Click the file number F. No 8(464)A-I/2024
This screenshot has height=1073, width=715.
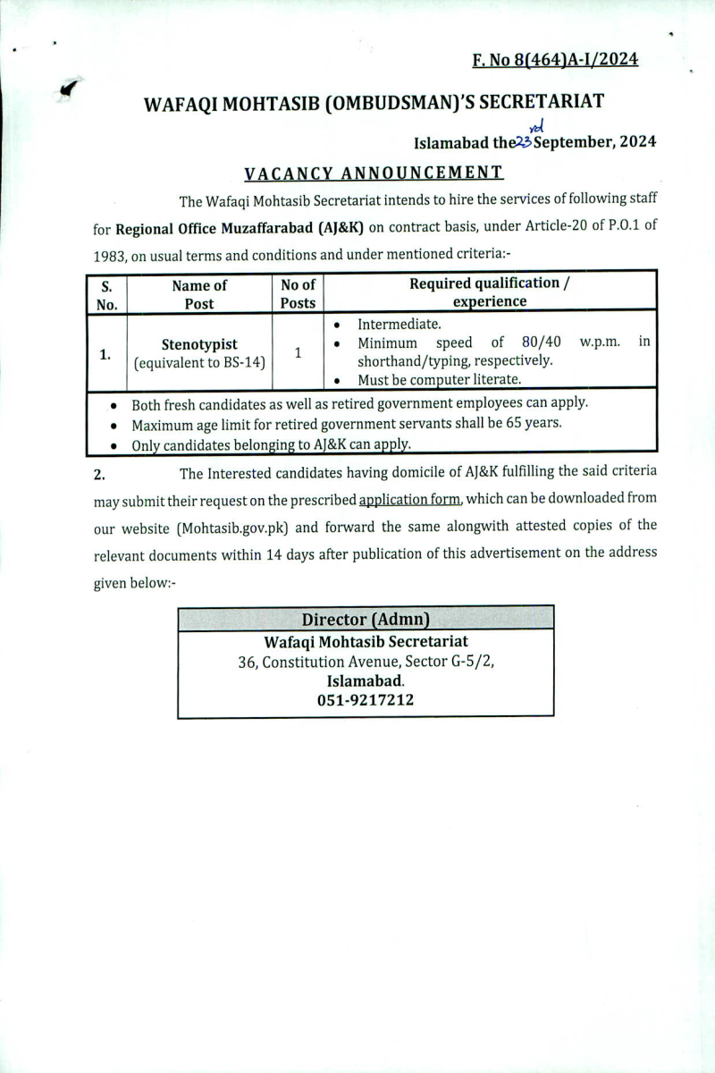[x=555, y=60]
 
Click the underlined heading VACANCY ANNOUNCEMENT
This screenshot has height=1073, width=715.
[x=374, y=172]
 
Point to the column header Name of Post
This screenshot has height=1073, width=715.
[x=199, y=294]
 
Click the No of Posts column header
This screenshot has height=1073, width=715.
[x=298, y=294]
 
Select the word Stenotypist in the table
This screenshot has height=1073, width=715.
[x=199, y=344]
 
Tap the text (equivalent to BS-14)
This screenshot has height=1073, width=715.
[x=199, y=363]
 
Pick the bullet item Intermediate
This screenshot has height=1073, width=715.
[x=399, y=324]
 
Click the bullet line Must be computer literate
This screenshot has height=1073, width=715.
[x=439, y=379]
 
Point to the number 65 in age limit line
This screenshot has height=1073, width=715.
[x=506, y=423]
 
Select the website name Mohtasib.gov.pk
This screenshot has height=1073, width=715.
[x=232, y=527]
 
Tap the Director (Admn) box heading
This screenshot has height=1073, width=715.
[x=366, y=619]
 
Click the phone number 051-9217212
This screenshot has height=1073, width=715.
[x=366, y=701]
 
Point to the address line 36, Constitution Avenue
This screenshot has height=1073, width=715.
[x=366, y=662]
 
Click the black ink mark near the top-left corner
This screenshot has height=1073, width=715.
[x=68, y=88]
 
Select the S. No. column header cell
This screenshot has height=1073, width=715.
[x=106, y=294]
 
